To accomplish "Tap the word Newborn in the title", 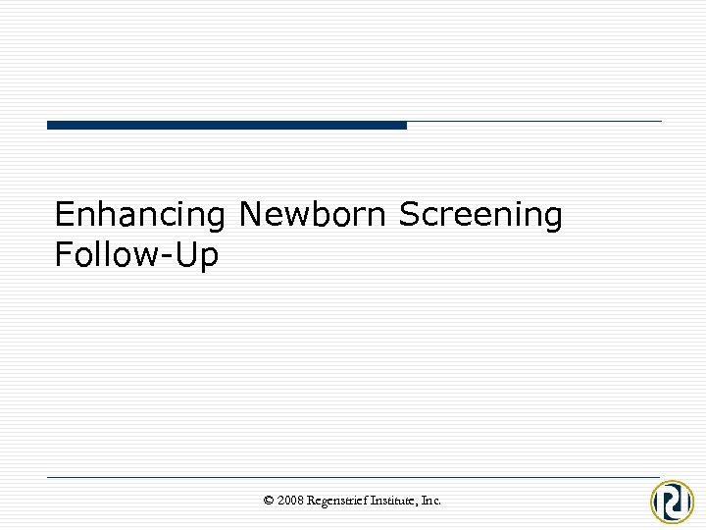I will point(313,214).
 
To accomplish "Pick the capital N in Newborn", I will point(250,214).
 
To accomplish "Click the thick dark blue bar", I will point(227,125).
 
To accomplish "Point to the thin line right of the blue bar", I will point(534,122).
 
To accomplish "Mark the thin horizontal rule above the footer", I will point(353,477).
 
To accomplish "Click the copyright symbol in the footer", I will point(269,501).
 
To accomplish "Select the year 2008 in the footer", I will point(290,501).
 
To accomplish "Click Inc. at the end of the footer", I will point(431,501).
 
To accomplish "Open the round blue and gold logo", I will point(673,501).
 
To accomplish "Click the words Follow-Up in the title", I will point(137,255).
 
